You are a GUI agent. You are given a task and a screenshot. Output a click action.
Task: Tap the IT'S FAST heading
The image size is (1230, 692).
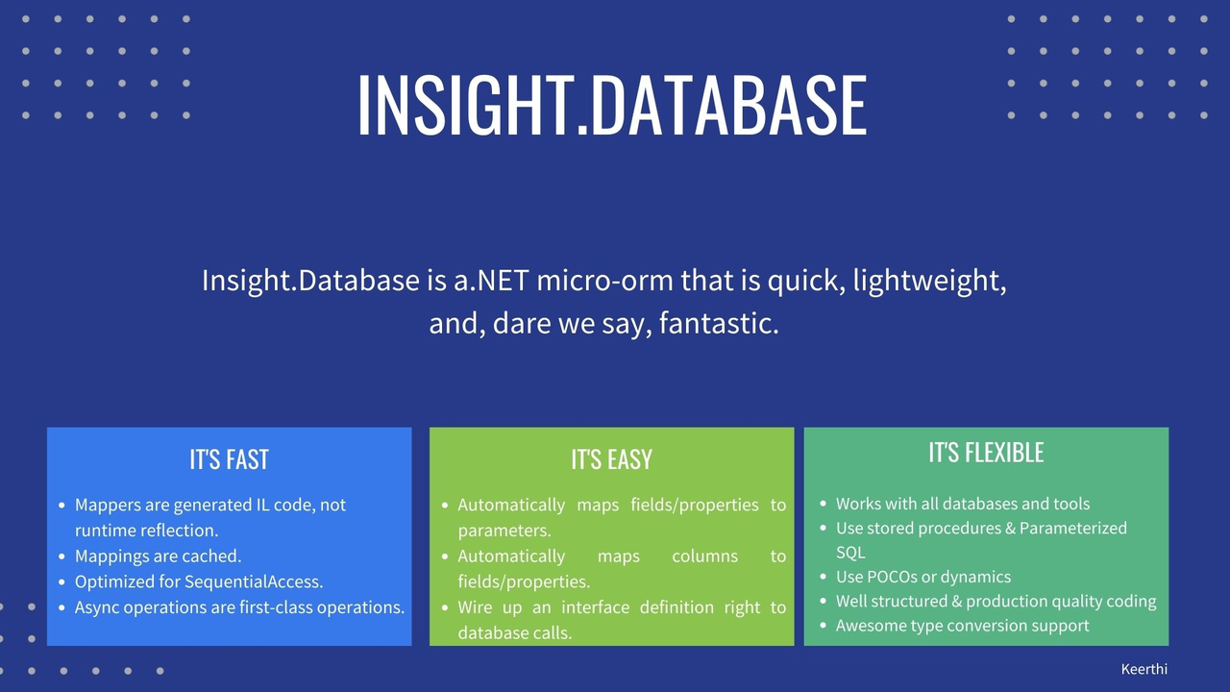click(x=229, y=459)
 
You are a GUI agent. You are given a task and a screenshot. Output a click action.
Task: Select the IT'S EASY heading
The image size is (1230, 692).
click(x=611, y=459)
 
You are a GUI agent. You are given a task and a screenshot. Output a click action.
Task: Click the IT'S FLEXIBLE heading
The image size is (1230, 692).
click(x=986, y=453)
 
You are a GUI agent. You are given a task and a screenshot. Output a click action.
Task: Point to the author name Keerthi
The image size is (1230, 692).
click(x=1144, y=669)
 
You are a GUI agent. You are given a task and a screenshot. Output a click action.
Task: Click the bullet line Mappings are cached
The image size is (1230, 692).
click(x=158, y=556)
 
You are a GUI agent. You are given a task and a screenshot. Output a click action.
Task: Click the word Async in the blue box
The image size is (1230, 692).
click(x=96, y=607)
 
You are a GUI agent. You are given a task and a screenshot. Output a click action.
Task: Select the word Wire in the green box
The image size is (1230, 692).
click(x=478, y=607)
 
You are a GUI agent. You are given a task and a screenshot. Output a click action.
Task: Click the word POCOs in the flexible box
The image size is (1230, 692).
click(x=894, y=577)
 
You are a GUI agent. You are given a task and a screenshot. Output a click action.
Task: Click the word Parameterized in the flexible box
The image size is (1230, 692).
click(x=1072, y=528)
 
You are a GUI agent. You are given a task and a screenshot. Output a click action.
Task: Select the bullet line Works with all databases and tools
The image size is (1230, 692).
click(x=962, y=504)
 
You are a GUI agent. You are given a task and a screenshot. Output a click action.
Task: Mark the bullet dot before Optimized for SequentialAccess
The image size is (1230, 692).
click(x=61, y=581)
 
